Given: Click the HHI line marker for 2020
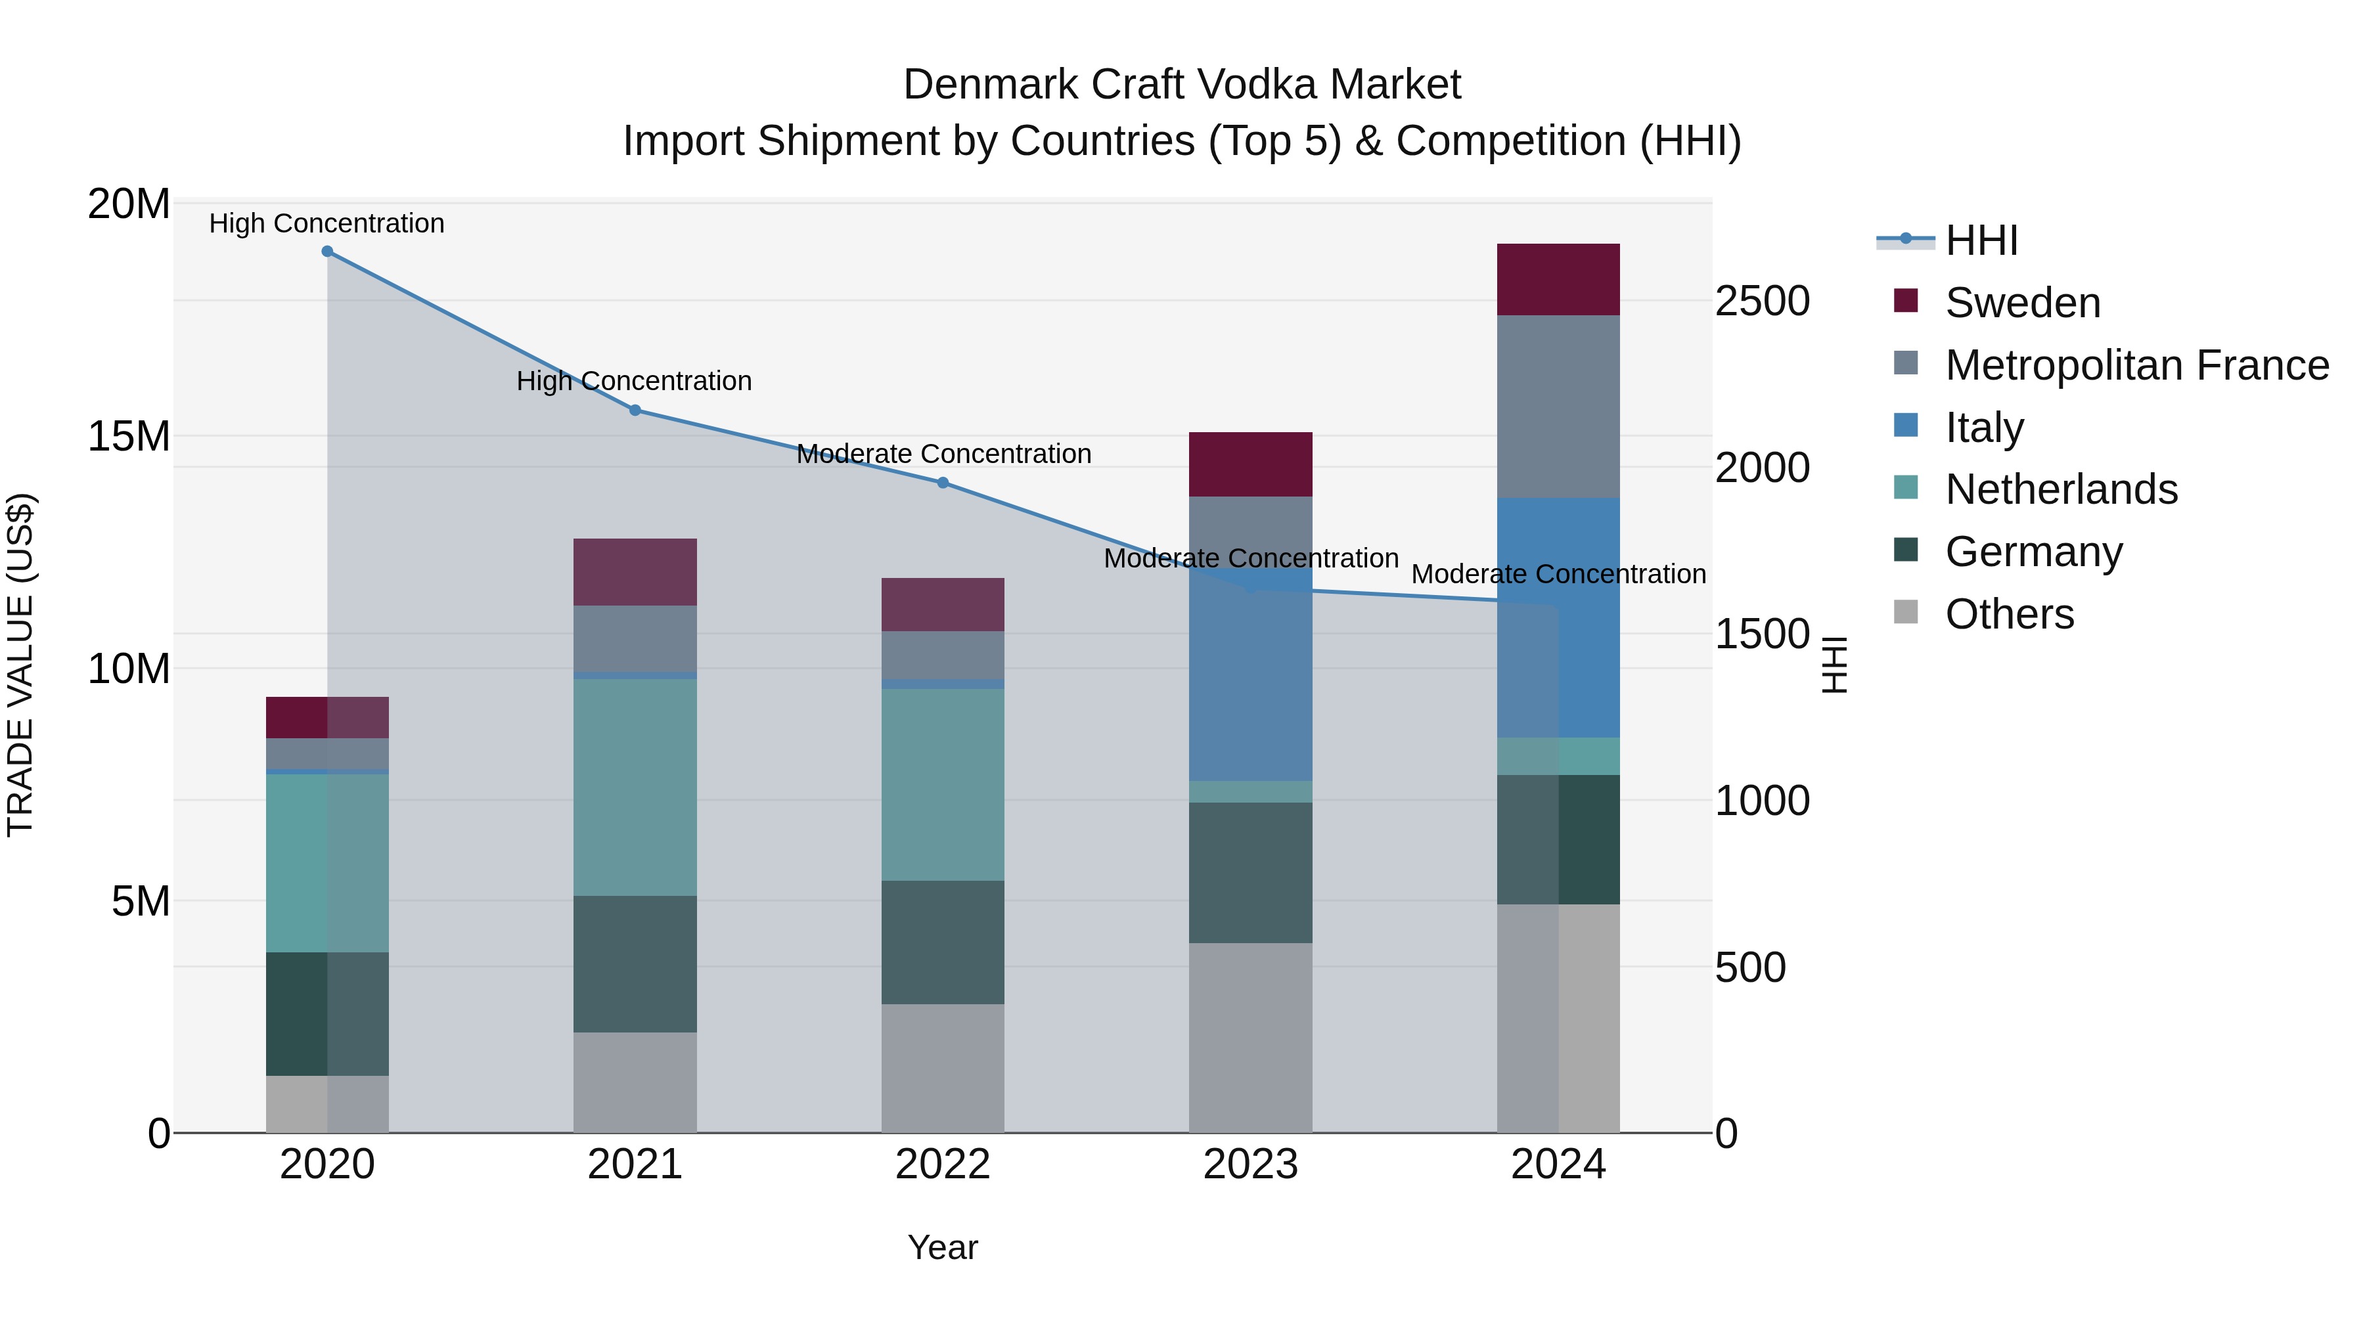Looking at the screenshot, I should pos(327,252).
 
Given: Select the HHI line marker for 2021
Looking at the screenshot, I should pos(635,410).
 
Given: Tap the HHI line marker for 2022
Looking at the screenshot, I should pos(943,483).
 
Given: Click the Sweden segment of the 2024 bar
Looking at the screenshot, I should pos(1558,280).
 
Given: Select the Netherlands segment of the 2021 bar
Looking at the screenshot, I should pos(635,787).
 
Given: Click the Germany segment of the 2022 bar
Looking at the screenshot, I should pos(943,942).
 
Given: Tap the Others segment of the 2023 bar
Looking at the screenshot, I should pos(1250,1037).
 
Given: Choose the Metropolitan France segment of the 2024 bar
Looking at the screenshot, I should pos(1558,407).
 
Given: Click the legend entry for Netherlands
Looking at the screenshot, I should pos(2061,489).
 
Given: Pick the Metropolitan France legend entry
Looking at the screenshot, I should pos(2136,365).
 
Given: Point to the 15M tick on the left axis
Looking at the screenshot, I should pos(129,437).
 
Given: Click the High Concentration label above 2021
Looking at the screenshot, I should pos(635,381).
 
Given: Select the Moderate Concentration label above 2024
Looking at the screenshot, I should pos(1558,575).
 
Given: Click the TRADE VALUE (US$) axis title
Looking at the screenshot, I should pos(20,665).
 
